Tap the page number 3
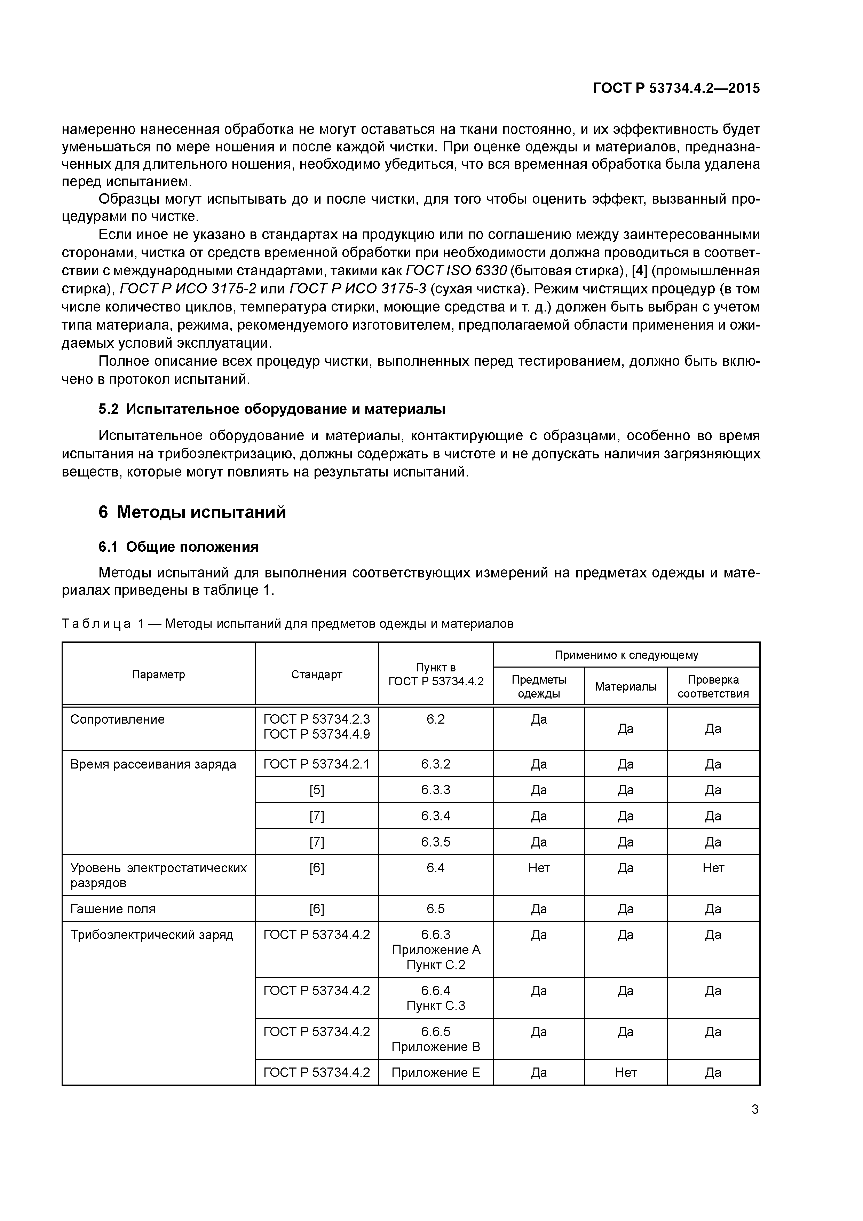[754, 1109]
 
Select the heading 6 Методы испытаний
[192, 512]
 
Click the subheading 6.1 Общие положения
[178, 547]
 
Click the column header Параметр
[158, 674]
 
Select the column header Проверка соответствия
[713, 686]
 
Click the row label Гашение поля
[113, 909]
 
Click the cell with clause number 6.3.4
[435, 816]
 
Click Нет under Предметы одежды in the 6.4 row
[539, 868]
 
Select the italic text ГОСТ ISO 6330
[456, 271]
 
